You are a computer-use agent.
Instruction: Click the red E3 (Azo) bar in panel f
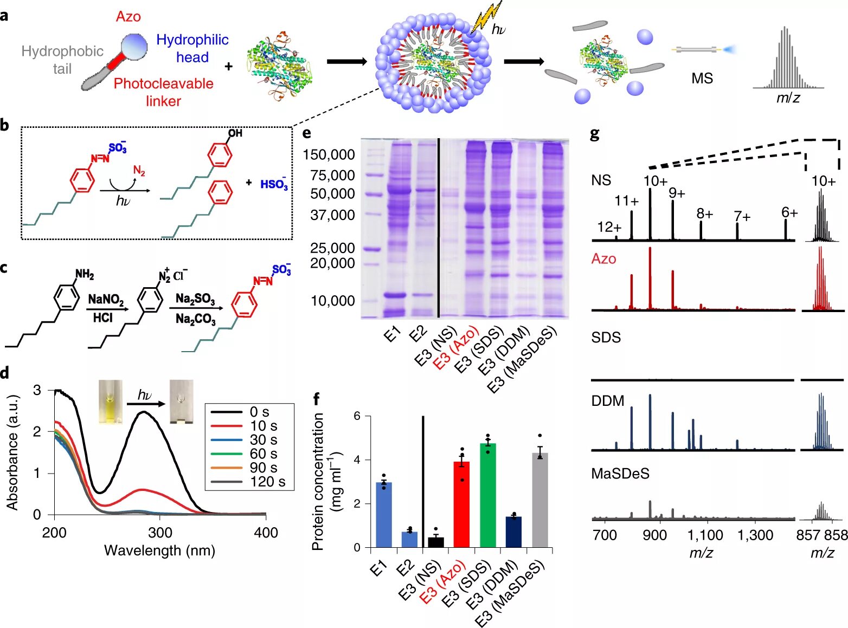(461, 504)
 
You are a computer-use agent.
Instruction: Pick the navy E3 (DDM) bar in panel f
(513, 532)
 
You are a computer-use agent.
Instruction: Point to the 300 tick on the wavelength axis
(160, 533)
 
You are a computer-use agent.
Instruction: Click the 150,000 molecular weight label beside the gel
(329, 154)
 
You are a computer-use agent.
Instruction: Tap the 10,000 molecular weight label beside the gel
(332, 301)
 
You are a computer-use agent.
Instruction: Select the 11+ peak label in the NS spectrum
(626, 201)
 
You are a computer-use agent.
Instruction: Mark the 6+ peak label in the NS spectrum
(789, 212)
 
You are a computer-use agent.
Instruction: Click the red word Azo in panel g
(603, 258)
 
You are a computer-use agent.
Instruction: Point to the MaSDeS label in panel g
(620, 474)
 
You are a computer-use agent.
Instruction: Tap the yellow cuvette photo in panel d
(110, 401)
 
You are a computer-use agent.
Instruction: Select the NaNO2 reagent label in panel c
(106, 300)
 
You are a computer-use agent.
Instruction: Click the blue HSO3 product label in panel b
(274, 184)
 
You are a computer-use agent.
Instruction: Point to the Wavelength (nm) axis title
(159, 551)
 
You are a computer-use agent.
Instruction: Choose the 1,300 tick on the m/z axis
(755, 535)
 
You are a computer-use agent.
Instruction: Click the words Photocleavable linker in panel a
(163, 92)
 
